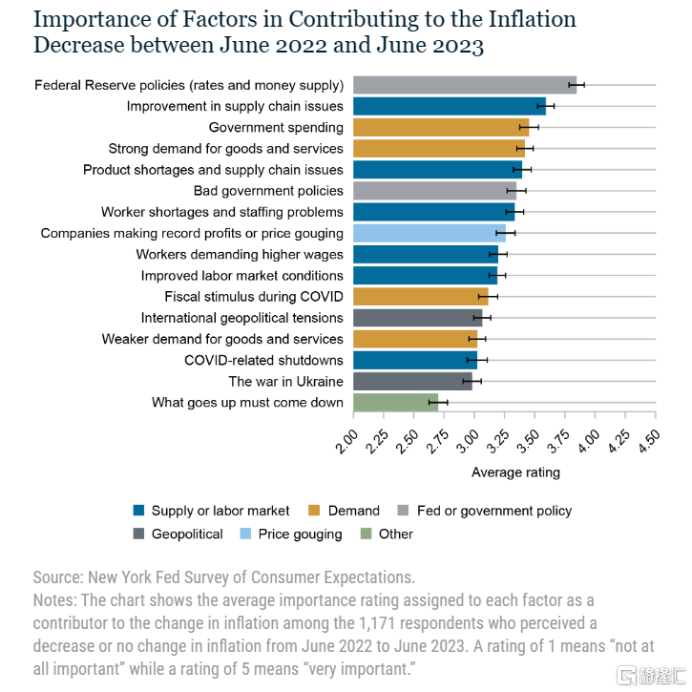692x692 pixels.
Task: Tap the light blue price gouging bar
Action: point(430,233)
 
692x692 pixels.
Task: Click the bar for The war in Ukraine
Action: point(412,381)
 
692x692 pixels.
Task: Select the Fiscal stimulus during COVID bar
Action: point(421,297)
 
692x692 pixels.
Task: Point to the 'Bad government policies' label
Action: point(268,191)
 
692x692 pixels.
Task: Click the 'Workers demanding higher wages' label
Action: point(240,254)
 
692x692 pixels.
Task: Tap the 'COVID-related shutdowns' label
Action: point(263,360)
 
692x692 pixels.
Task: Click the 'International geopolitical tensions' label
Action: point(242,318)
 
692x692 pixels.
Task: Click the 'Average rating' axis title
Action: point(515,472)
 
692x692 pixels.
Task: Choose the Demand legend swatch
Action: point(317,511)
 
